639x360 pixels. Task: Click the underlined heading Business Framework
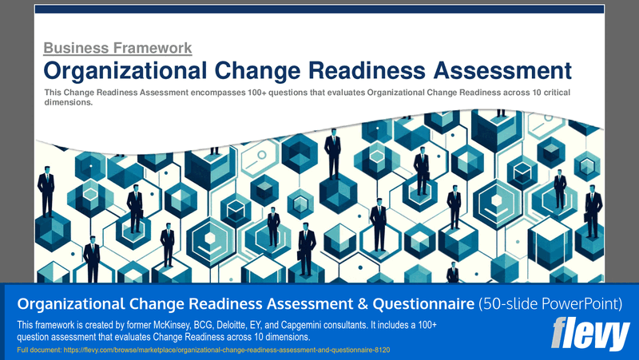click(x=117, y=48)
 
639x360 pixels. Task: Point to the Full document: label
click(x=39, y=350)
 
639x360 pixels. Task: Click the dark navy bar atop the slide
click(x=319, y=9)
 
